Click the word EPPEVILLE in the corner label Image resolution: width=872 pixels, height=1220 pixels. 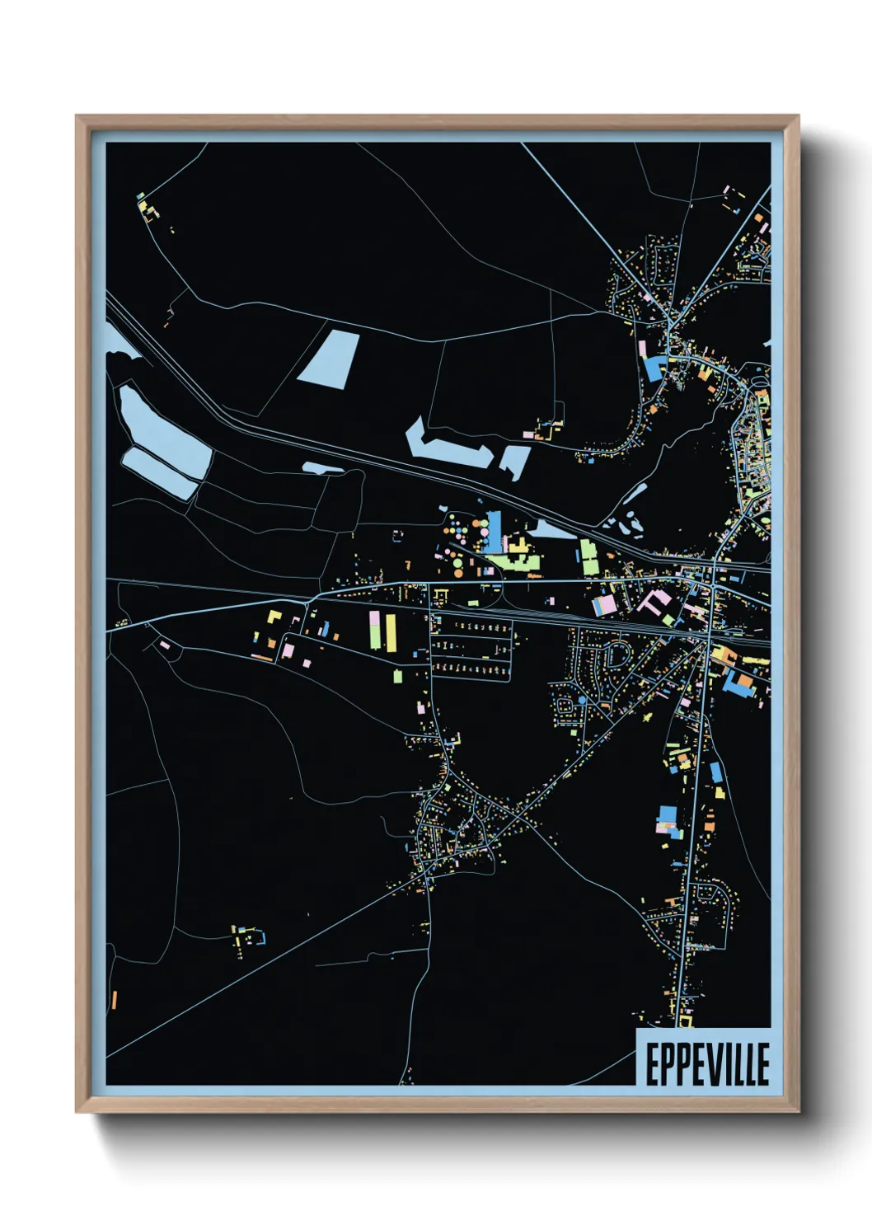[x=706, y=1064]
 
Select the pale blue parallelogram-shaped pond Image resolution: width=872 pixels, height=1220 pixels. [x=328, y=358]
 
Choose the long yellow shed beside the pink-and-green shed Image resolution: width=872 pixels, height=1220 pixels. [x=391, y=631]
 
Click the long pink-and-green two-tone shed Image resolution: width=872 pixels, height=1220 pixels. [x=375, y=631]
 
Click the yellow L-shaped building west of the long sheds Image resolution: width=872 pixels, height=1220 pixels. [x=274, y=616]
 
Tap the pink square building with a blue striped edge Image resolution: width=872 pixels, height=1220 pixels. [x=604, y=605]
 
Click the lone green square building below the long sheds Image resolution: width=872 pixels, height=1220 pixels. [x=397, y=677]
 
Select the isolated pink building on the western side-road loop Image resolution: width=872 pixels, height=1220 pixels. [x=164, y=644]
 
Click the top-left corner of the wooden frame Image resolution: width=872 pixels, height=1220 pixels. [x=77, y=117]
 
